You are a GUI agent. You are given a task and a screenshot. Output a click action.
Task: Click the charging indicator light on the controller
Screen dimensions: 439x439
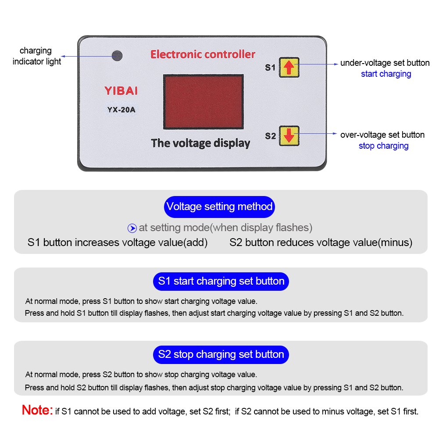click(117, 56)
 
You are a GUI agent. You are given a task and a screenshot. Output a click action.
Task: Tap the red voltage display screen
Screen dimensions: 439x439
click(203, 102)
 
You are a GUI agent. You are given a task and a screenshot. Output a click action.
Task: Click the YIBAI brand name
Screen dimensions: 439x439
click(121, 91)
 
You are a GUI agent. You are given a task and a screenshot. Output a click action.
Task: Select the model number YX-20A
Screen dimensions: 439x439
click(121, 110)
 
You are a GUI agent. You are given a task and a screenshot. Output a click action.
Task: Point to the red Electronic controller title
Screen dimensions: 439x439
click(203, 54)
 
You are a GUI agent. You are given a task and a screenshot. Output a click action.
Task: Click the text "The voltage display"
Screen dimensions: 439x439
click(200, 143)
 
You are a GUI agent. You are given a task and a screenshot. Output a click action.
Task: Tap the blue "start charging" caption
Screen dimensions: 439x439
click(386, 74)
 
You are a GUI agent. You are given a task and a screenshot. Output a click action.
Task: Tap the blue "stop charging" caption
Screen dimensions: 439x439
click(384, 146)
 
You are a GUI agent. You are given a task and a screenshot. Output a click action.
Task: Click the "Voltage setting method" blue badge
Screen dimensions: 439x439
click(219, 207)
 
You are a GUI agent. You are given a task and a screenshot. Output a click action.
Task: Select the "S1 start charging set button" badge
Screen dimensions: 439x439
click(221, 282)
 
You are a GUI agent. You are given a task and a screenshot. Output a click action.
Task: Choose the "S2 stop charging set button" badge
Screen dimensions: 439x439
click(221, 355)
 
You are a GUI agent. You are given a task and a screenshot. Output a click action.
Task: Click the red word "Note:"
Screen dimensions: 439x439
click(37, 410)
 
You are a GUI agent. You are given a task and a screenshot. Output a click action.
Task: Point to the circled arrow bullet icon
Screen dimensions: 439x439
click(132, 228)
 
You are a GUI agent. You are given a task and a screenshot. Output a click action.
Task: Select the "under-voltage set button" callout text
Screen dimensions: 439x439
click(385, 63)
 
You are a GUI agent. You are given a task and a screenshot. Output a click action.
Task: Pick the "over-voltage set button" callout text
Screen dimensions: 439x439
click(382, 135)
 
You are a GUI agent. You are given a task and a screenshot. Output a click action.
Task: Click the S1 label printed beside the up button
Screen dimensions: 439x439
click(270, 68)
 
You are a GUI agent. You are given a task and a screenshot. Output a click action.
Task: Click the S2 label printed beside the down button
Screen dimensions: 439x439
click(271, 136)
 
